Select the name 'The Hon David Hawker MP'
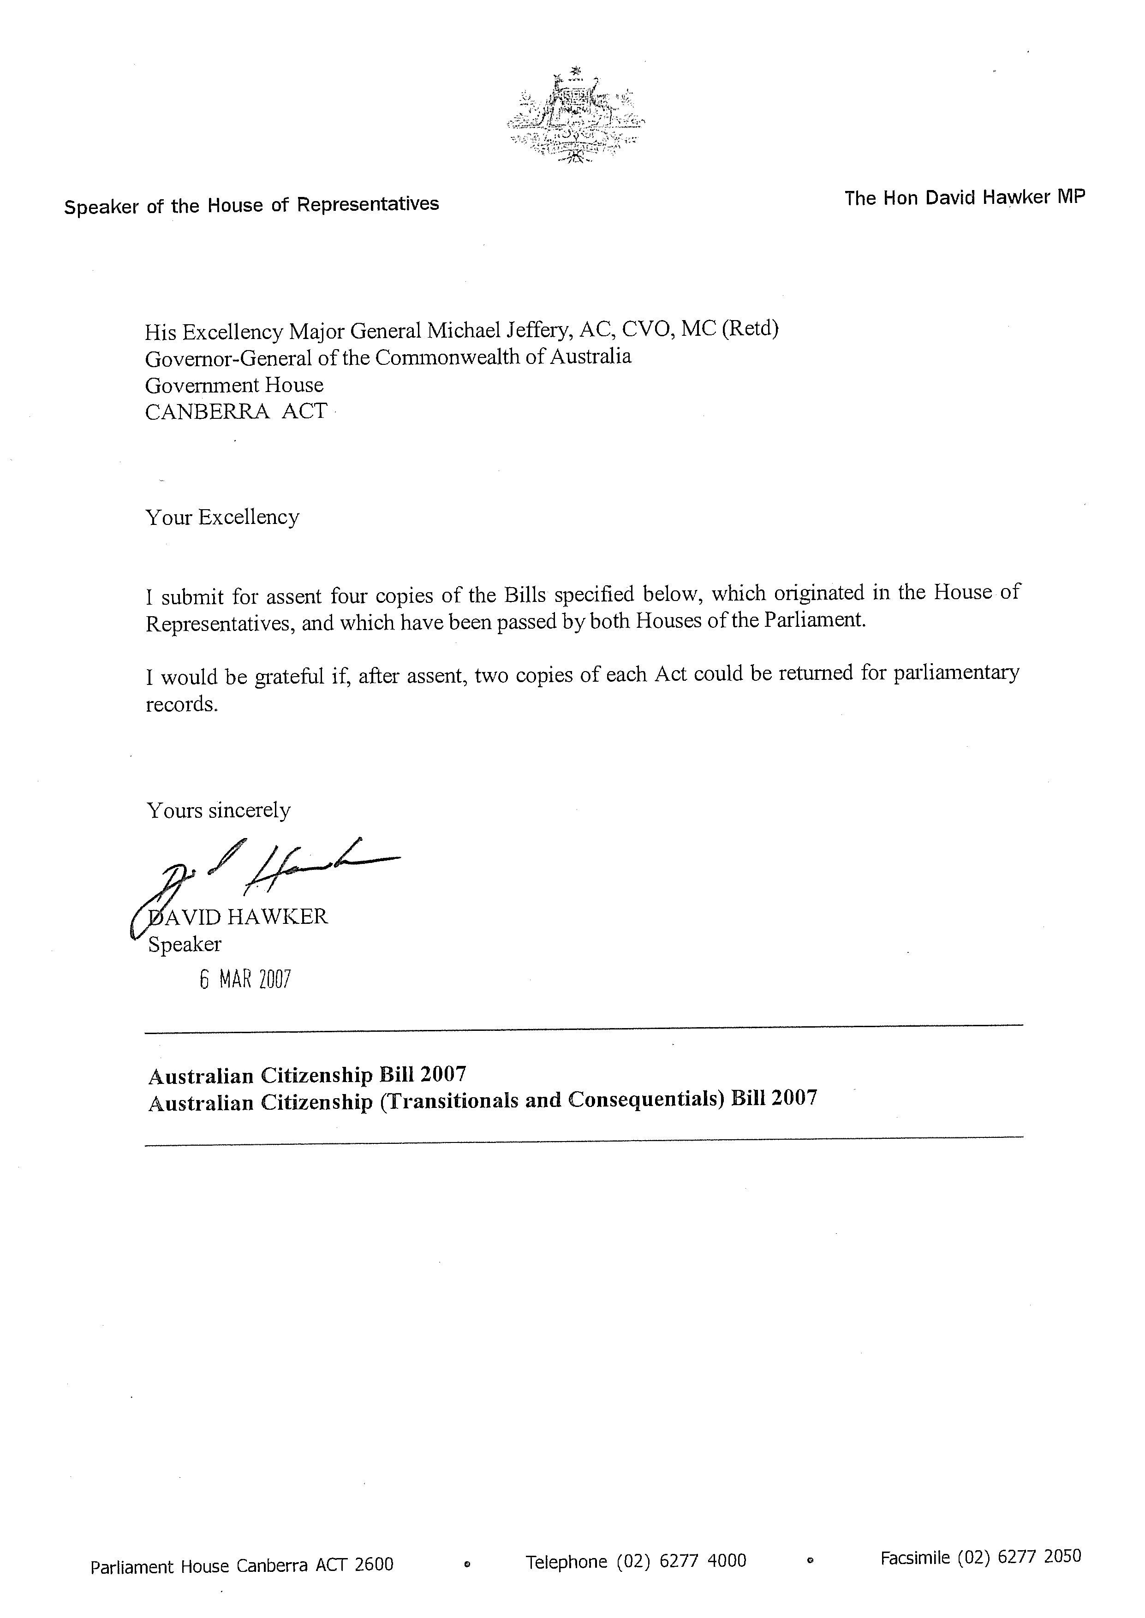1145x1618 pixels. pyautogui.click(x=965, y=198)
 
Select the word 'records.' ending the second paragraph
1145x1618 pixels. pyautogui.click(x=182, y=704)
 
